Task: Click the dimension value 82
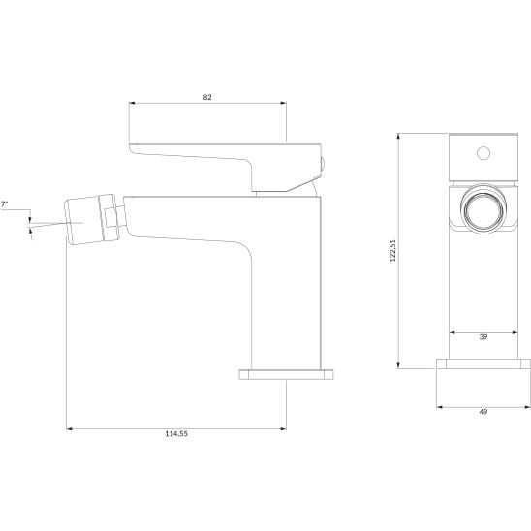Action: point(207,97)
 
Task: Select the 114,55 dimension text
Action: point(176,434)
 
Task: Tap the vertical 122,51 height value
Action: point(392,251)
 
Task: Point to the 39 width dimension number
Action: point(484,337)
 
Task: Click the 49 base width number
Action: point(484,412)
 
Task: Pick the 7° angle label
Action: point(4,204)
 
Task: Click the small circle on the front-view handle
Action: point(484,153)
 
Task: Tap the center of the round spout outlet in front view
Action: point(484,210)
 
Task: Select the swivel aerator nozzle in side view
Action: point(91,219)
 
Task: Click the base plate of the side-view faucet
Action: point(286,374)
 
